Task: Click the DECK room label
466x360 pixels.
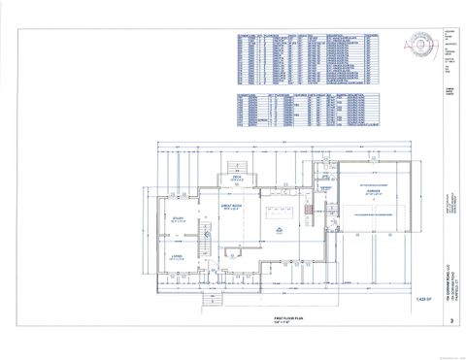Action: coord(235,177)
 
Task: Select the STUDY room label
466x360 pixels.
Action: coord(178,216)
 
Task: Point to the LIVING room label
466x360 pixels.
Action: coord(178,255)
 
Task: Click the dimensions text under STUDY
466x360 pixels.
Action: coord(178,221)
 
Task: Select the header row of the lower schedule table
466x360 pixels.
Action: coord(289,96)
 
